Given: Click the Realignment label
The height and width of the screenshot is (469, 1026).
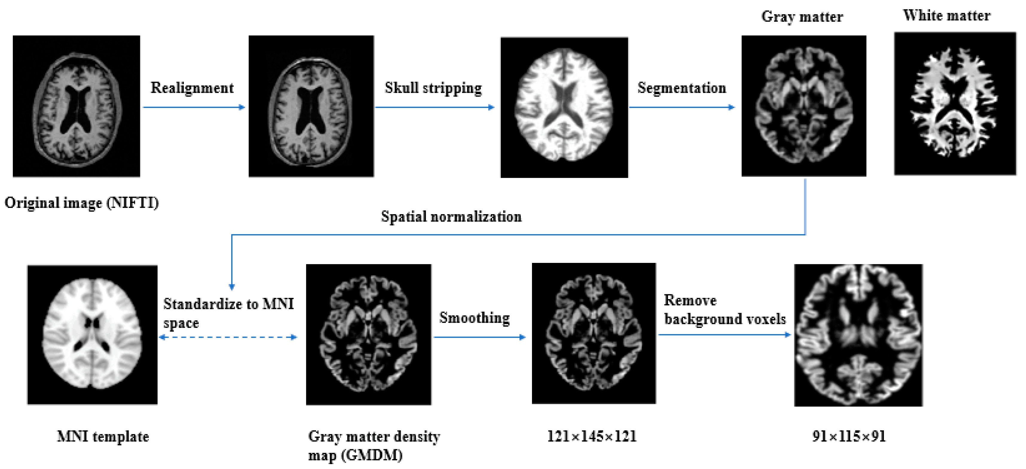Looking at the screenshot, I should click(192, 88).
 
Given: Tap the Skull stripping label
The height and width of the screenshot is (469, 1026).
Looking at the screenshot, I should click(433, 88).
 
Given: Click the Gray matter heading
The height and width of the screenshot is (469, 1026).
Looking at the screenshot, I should click(802, 17).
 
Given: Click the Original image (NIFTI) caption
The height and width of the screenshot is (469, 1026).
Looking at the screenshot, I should click(82, 203).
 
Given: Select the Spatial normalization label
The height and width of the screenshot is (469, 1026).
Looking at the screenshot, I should click(451, 216).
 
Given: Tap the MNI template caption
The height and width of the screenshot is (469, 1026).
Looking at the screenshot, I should click(103, 436).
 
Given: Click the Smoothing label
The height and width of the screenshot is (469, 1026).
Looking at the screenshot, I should click(474, 318).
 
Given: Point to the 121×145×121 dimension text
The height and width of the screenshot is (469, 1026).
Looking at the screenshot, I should click(592, 436).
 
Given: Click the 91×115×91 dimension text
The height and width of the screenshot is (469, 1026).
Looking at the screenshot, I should click(849, 436).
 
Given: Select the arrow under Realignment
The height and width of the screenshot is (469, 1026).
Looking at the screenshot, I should click(194, 107).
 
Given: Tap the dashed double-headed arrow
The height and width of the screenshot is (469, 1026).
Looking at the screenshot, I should click(228, 337).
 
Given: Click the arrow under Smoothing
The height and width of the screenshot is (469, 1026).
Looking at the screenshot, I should click(480, 337).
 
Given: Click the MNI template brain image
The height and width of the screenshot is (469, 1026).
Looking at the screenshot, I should click(92, 335).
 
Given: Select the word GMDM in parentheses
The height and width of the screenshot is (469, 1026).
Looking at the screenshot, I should click(371, 455).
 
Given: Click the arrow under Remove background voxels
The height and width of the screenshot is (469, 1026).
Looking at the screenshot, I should click(724, 335).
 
